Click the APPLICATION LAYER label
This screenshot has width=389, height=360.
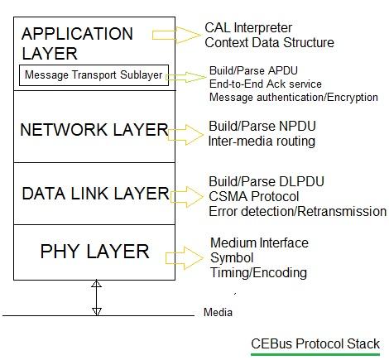tap(76, 44)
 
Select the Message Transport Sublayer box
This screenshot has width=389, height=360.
tap(94, 77)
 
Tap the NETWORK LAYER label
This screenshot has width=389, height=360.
tap(94, 130)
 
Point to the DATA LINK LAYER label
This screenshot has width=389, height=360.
tap(94, 194)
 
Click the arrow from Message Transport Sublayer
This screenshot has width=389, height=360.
tap(187, 78)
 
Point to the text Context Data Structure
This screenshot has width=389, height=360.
tap(269, 42)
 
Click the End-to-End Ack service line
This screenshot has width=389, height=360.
tap(266, 84)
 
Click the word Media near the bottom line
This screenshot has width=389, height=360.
tap(219, 313)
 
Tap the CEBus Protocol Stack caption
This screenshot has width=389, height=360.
tap(315, 343)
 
